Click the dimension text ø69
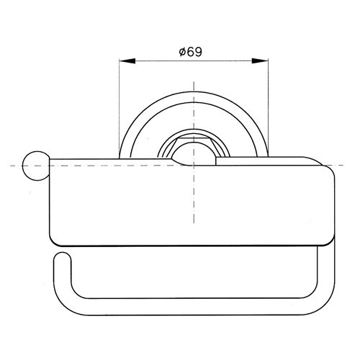click(x=191, y=52)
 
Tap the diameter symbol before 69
click(x=183, y=52)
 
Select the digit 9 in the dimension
click(x=198, y=52)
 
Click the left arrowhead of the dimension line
click(x=127, y=61)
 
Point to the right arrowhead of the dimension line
click(x=260, y=61)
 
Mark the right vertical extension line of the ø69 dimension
click(x=269, y=107)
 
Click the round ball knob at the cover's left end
click(x=36, y=166)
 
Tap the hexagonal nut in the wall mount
click(x=194, y=146)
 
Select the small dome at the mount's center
click(x=194, y=153)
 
